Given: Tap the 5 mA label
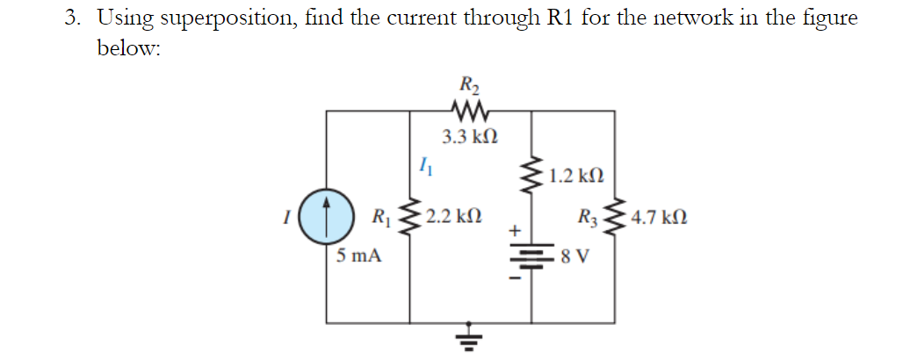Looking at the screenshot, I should tap(358, 257).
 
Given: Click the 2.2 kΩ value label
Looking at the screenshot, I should tap(451, 216).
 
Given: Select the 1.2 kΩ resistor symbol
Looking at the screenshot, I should tap(532, 174).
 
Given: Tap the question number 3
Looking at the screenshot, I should tap(73, 18).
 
